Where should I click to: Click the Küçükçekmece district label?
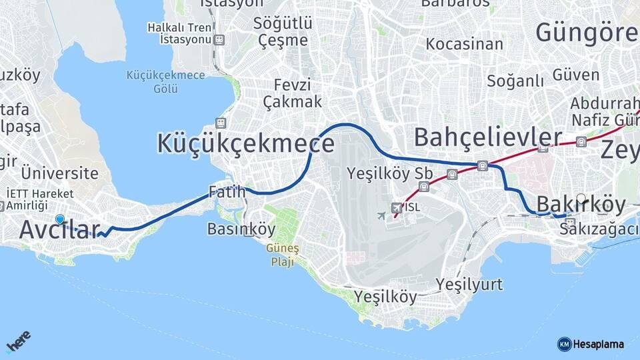(245, 143)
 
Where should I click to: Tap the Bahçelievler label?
(487, 137)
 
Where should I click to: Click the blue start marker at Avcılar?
(60, 219)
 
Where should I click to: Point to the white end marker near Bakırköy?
(581, 199)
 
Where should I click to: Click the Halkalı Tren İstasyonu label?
(180, 33)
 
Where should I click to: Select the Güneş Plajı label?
(293, 255)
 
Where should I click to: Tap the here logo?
(19, 341)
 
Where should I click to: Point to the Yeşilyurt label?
(469, 285)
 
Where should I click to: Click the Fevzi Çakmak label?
(292, 94)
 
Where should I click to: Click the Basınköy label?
(241, 229)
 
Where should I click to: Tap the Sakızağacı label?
(599, 230)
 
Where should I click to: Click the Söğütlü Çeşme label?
(283, 31)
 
